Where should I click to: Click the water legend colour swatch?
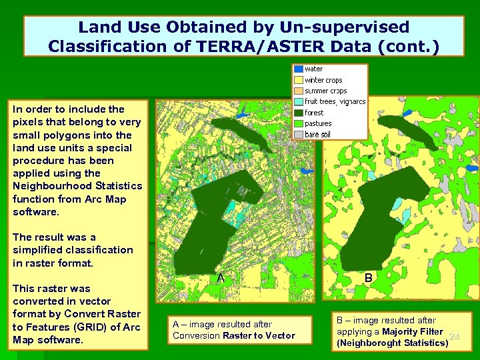coord(298,69)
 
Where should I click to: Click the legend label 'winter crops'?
coord(323,80)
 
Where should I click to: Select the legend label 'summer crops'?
coord(325,91)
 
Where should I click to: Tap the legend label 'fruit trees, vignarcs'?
coord(335,102)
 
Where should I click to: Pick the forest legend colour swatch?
coord(298,113)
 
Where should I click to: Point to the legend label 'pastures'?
coord(318,123)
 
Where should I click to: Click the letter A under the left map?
coord(219,277)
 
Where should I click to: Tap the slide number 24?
coord(455,337)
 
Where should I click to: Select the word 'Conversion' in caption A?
coord(195,335)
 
